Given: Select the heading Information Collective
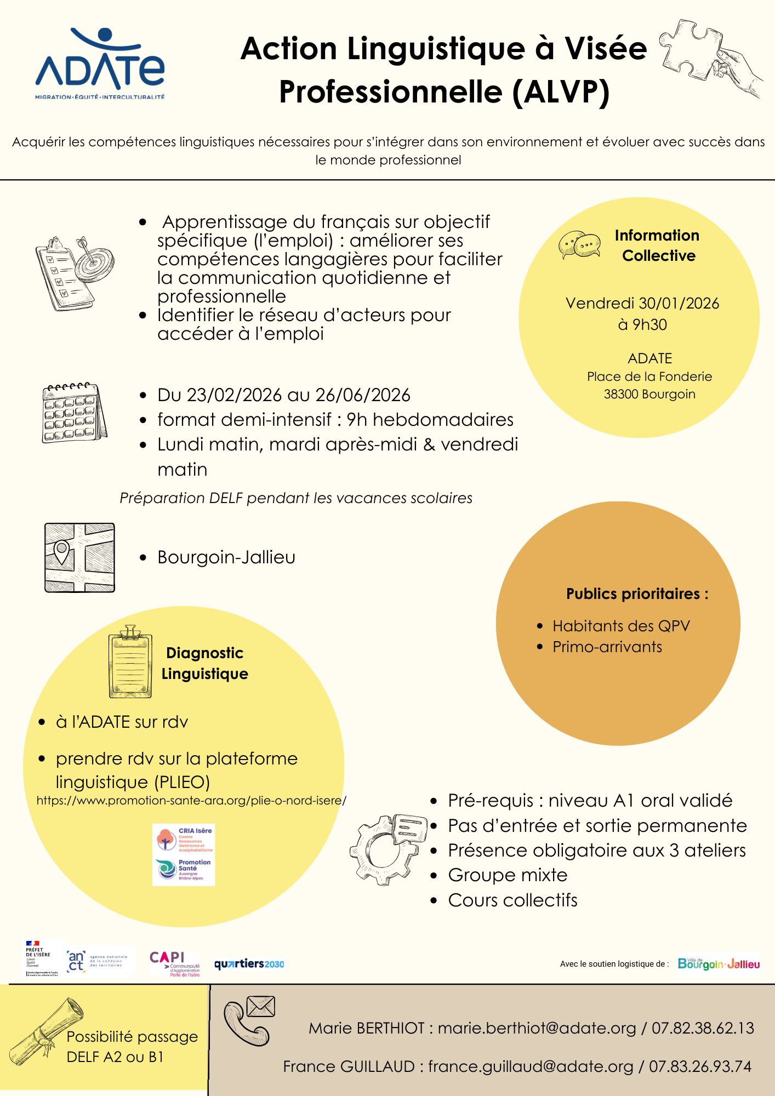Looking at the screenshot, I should point(657,246).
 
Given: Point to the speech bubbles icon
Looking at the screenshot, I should point(579,245).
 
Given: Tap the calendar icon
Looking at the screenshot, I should point(74,413).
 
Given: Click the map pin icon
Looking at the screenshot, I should point(62,550).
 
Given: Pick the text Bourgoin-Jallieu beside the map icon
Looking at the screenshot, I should point(226,557).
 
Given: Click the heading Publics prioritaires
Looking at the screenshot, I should point(637,594).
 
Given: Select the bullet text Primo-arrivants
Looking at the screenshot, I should point(607,647).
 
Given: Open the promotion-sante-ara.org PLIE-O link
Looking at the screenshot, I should point(191,801).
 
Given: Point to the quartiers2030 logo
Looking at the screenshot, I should point(249,964).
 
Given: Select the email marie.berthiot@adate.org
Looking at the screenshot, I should point(537,1028).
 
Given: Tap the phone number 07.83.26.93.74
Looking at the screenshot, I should point(700,1066).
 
